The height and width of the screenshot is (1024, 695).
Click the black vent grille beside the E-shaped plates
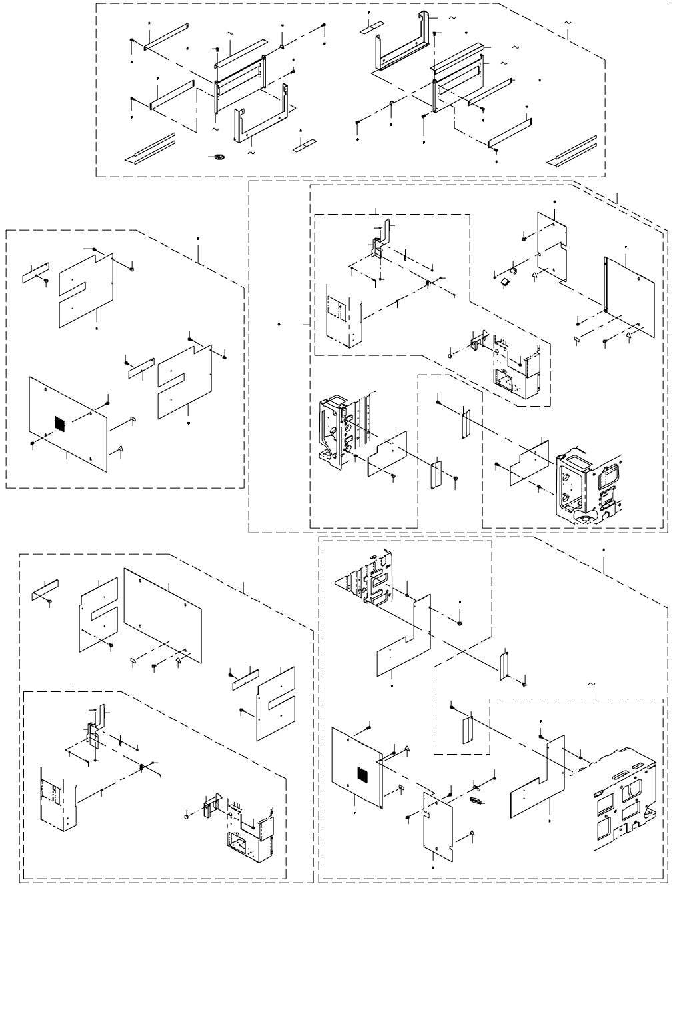pyautogui.click(x=59, y=423)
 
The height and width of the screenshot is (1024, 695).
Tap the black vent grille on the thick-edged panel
pyautogui.click(x=362, y=774)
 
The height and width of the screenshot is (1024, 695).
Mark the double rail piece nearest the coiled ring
pyautogui.click(x=151, y=149)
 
